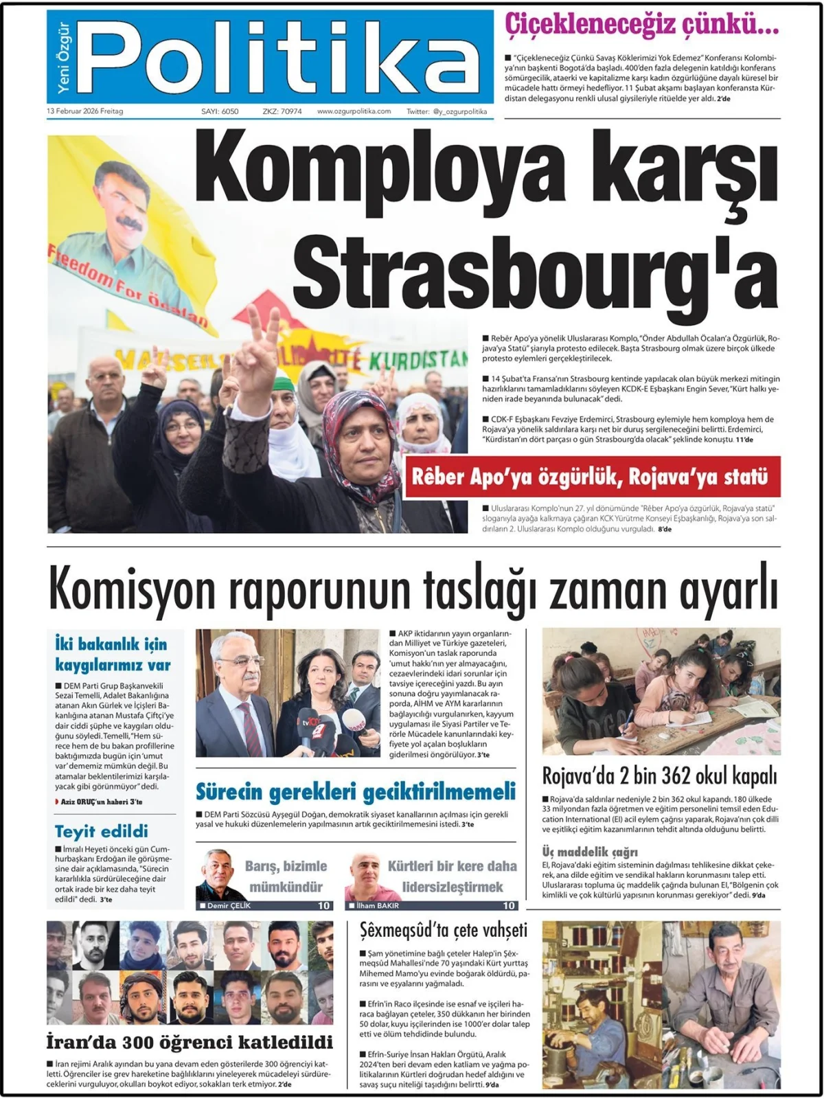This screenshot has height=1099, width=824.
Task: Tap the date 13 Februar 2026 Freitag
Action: [85, 111]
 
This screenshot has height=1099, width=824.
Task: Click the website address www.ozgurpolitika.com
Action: [354, 111]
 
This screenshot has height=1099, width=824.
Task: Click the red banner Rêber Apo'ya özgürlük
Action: [591, 477]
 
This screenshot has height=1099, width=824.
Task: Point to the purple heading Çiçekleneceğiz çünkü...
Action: [641, 26]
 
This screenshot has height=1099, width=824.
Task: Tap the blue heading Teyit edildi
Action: [102, 831]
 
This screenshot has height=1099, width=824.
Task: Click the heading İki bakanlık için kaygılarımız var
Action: [113, 654]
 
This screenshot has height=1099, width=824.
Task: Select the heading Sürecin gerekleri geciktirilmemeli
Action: [356, 791]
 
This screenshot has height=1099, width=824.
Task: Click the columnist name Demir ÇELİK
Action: [229, 905]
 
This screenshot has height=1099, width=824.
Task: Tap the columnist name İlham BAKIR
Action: [378, 905]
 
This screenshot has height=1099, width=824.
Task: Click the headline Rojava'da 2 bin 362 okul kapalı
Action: [660, 775]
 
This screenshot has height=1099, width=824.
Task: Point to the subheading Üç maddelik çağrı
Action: [590, 852]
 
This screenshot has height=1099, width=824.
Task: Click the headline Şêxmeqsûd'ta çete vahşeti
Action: [444, 930]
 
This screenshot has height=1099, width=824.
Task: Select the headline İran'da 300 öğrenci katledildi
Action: [190, 1041]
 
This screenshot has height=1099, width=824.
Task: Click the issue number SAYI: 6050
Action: [220, 111]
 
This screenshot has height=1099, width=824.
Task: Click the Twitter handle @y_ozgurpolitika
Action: [446, 111]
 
